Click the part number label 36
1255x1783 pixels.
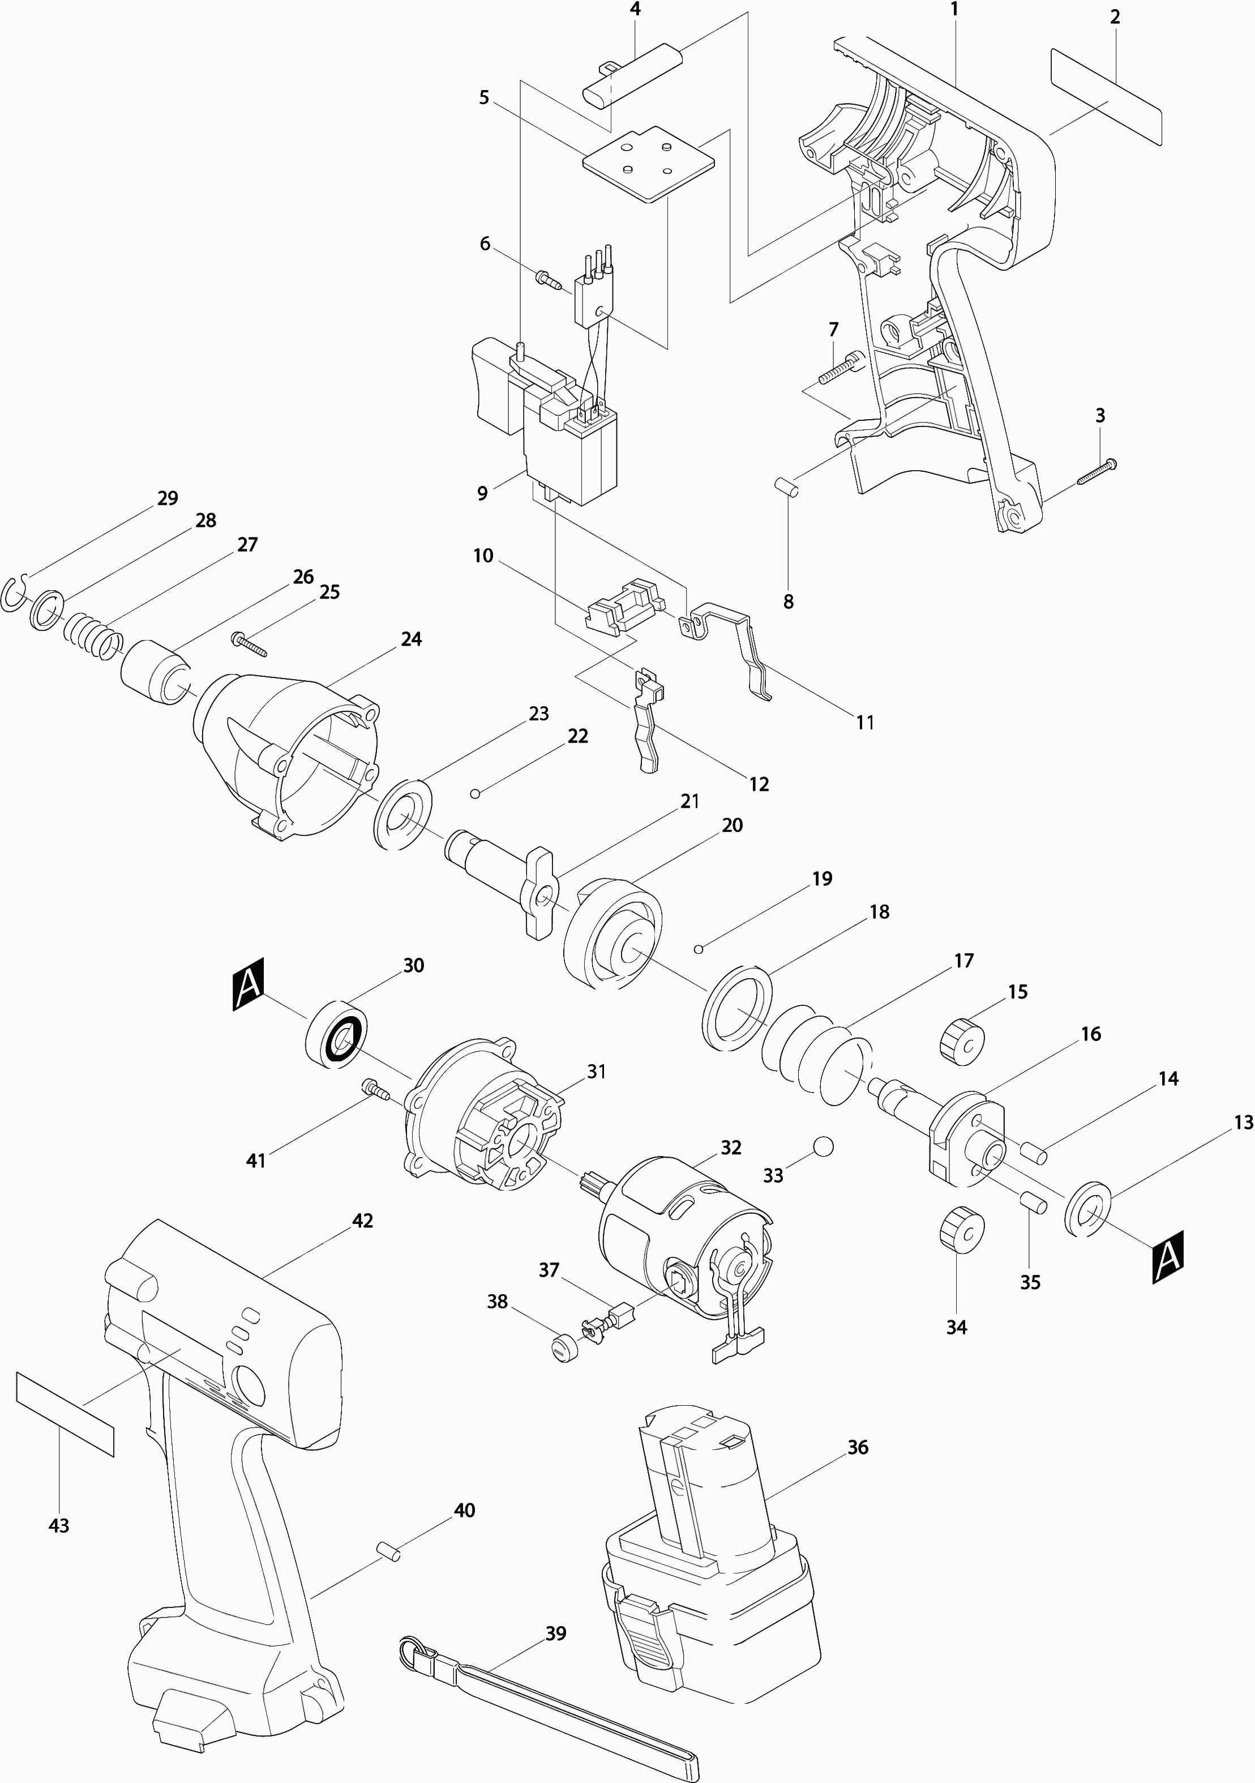coord(858,1447)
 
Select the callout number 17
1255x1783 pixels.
coord(963,961)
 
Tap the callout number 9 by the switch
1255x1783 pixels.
coord(483,493)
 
